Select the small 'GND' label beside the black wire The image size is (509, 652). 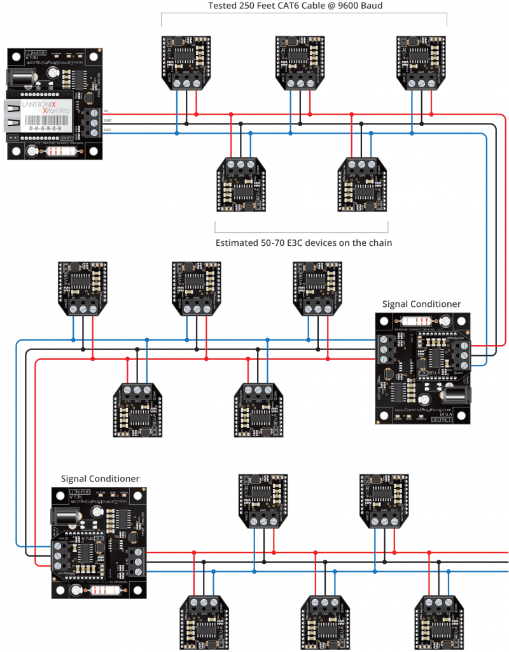pyautogui.click(x=108, y=120)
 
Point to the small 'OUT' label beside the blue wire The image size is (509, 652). pyautogui.click(x=108, y=130)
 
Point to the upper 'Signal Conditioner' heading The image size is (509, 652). pyautogui.click(x=421, y=304)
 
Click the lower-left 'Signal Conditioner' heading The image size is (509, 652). pyautogui.click(x=100, y=478)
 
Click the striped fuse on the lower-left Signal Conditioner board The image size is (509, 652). pyautogui.click(x=104, y=590)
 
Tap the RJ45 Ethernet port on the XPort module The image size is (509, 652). pyautogui.click(x=14, y=116)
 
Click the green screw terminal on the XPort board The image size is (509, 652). pyautogui.click(x=94, y=121)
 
